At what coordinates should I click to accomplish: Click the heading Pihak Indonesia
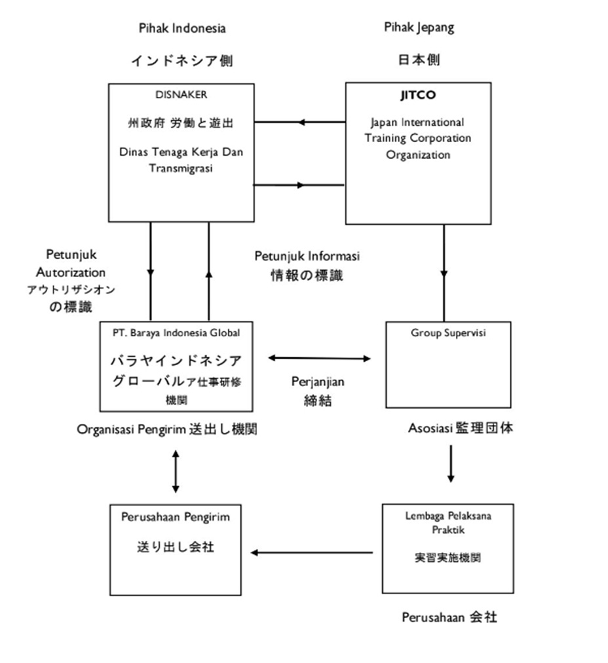182,28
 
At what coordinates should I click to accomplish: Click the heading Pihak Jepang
419,27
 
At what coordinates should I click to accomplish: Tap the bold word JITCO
418,96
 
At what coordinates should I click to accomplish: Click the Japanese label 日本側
419,60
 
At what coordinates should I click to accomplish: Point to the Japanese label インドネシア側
181,61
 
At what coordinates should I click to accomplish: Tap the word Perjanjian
318,381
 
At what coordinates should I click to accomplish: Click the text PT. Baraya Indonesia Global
176,332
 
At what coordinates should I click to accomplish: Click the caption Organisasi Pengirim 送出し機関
167,429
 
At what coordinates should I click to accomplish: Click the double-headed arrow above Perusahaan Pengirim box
175,471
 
